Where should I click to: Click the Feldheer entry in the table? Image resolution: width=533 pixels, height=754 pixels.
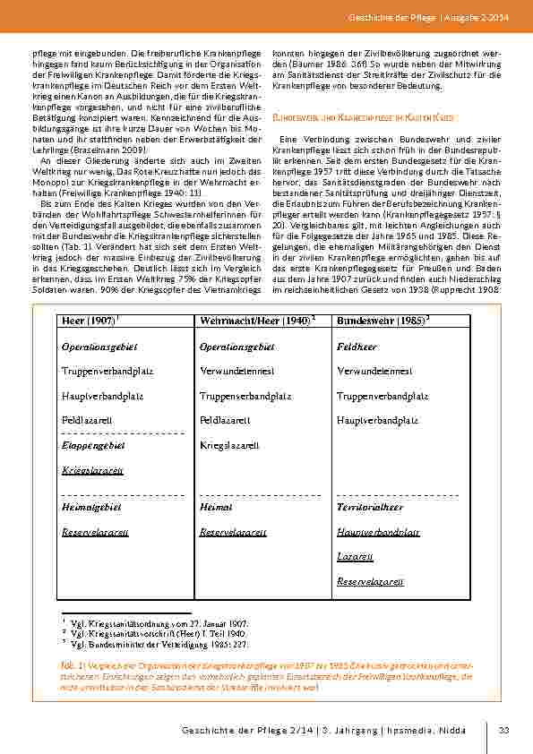click(357, 346)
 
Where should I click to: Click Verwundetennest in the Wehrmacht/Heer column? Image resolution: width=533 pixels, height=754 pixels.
click(236, 371)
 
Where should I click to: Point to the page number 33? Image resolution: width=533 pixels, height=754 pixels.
click(504, 731)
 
